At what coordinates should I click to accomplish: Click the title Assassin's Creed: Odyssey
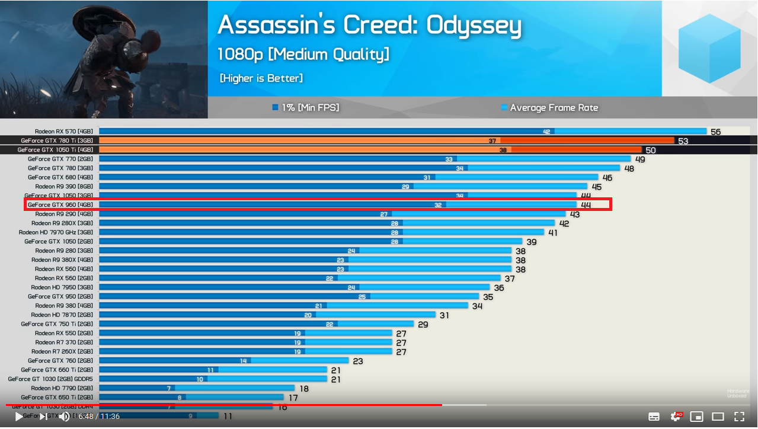pos(369,25)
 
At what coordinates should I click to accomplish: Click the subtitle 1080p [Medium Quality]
pos(303,55)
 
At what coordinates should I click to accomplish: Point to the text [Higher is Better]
pos(261,78)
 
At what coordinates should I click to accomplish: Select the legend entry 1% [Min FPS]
pos(306,107)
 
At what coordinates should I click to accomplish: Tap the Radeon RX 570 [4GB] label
pos(63,132)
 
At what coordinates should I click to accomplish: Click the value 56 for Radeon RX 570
pos(715,132)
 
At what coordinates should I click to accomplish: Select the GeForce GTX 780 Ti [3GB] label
pos(57,140)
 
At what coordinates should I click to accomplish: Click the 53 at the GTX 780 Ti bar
pos(683,141)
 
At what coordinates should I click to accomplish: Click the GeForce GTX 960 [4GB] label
pos(60,205)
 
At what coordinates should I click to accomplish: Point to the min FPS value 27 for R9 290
pos(384,214)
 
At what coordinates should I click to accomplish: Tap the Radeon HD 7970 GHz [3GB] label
pos(56,232)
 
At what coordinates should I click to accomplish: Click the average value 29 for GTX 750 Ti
pos(423,325)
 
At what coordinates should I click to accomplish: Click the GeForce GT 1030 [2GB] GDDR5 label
pos(50,379)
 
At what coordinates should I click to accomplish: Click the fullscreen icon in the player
pos(739,416)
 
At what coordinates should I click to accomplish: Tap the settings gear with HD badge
pos(676,416)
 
